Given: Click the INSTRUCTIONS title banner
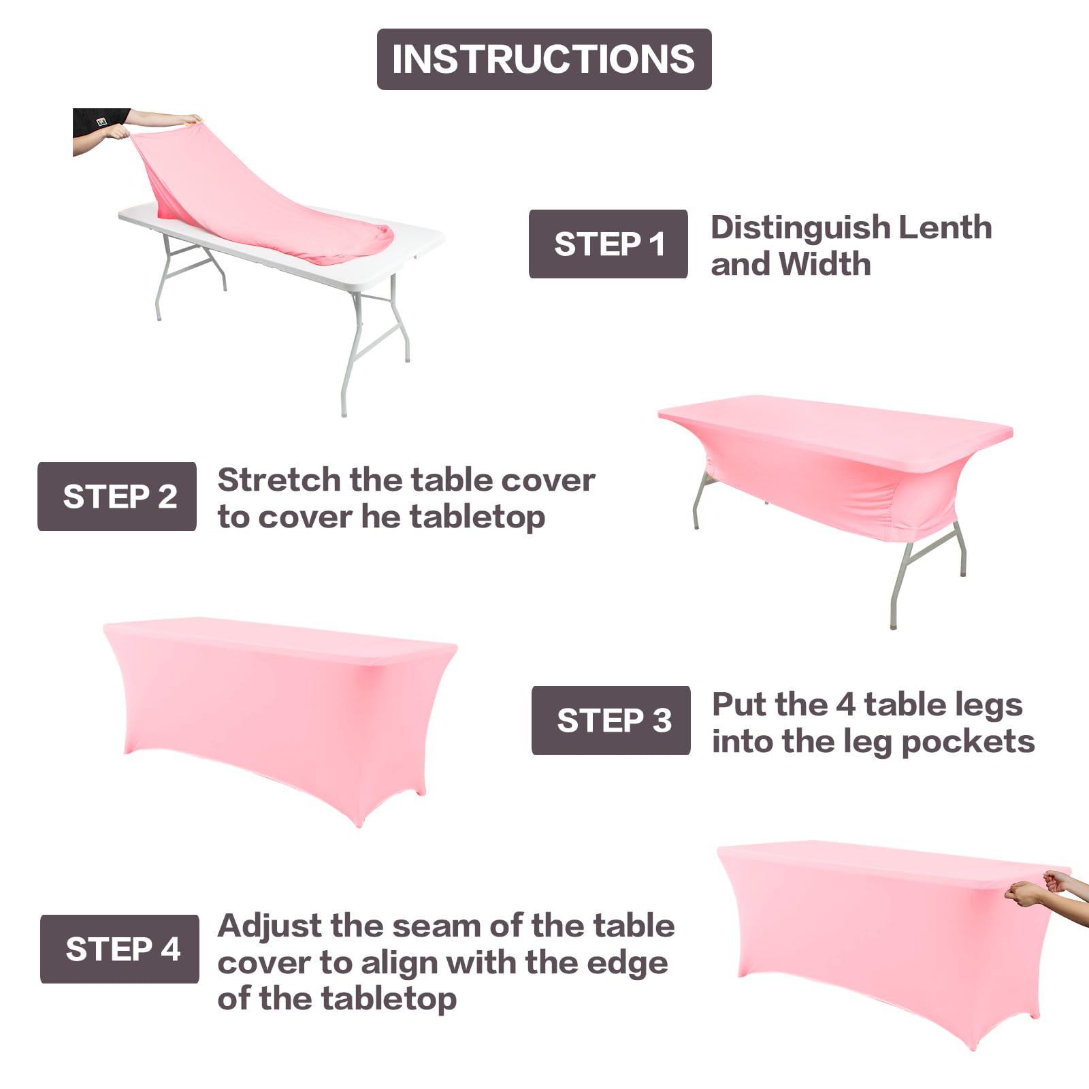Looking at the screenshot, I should point(544,59).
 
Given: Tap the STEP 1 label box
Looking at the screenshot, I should point(608,244).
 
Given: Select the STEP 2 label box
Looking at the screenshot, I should point(117,496).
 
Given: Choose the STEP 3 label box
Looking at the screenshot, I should point(611,720).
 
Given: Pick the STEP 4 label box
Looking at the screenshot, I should point(120,949).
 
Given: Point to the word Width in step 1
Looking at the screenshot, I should point(824,264).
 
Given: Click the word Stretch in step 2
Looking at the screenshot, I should point(278,480).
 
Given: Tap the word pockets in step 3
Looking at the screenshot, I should point(967,742).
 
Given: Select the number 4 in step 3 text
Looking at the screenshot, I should point(845,704).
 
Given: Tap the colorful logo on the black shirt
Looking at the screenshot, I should point(102,122).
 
